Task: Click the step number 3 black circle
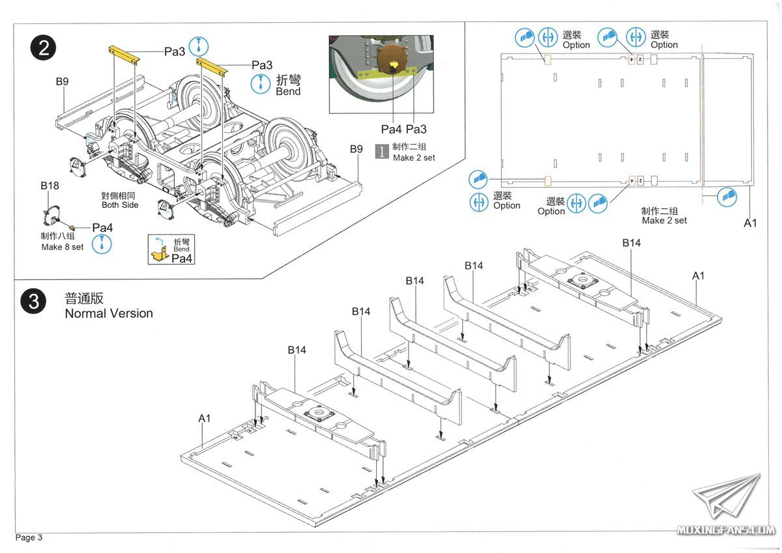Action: pos(33,303)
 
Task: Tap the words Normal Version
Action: pos(109,313)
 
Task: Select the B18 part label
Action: pos(50,186)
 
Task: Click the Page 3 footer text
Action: pos(29,537)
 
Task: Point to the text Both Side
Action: pos(120,205)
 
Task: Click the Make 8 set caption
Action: pos(63,247)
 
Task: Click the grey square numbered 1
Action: pos(381,152)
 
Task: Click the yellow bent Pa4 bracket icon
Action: pos(159,253)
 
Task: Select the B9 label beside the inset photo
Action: pos(355,149)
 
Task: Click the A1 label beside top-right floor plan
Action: pos(751,223)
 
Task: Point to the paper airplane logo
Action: pos(727,498)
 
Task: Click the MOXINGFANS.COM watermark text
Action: pos(726,531)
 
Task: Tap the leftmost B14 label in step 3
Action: pos(297,350)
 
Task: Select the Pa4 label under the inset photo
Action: pos(392,130)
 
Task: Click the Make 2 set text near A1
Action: pos(664,220)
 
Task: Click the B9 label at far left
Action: pos(62,81)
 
